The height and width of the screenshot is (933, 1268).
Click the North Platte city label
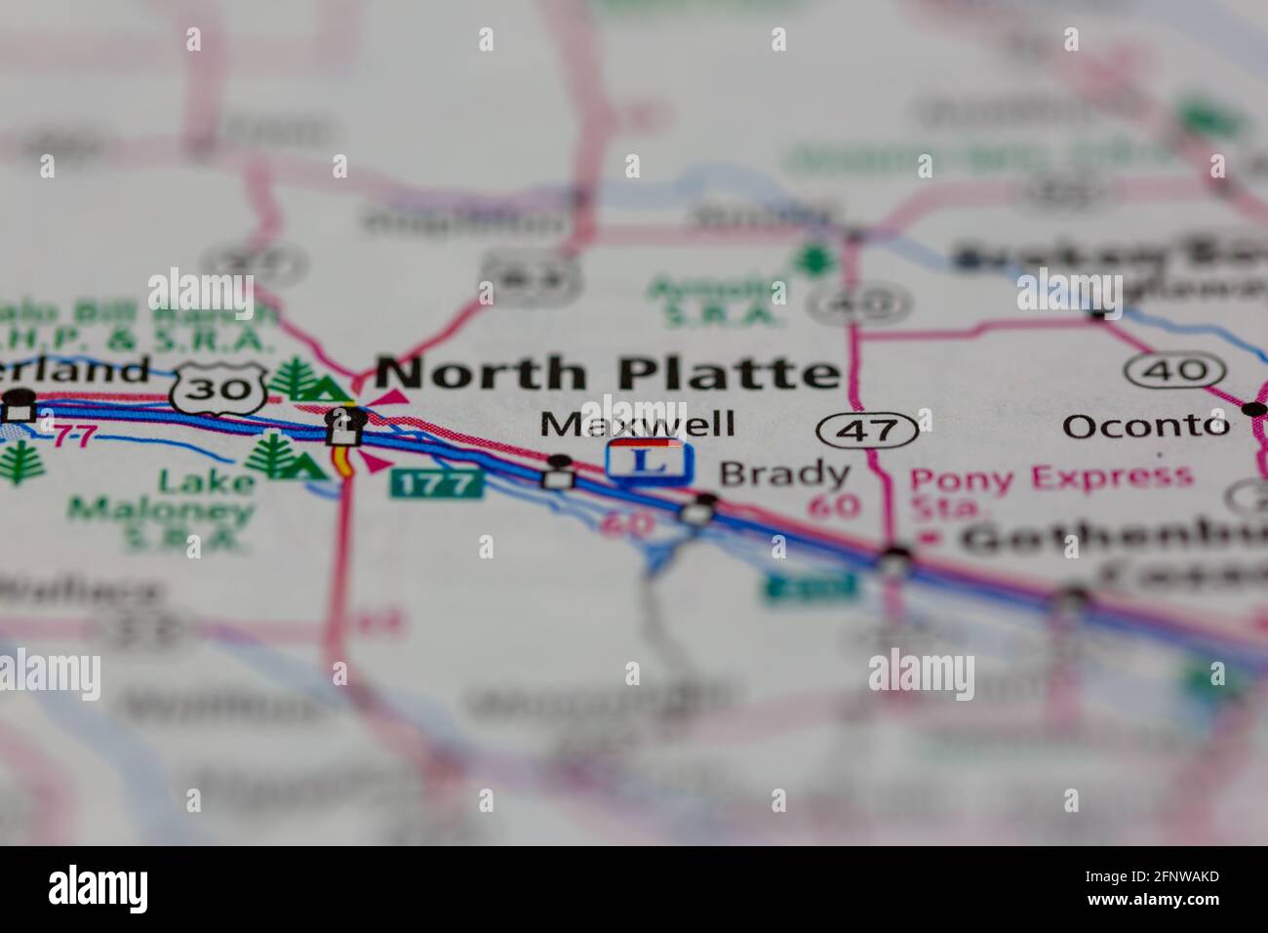click(x=607, y=374)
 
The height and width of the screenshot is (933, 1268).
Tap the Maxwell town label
click(x=637, y=425)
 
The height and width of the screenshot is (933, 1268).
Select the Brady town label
click(x=784, y=474)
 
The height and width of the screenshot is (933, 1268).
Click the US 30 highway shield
click(x=218, y=388)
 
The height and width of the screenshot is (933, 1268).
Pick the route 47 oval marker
click(x=867, y=428)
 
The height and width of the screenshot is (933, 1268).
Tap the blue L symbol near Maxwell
click(x=651, y=461)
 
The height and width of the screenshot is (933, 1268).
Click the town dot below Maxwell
click(x=558, y=462)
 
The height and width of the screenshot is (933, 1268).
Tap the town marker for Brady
click(x=704, y=503)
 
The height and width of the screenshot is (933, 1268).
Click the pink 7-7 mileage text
click(x=74, y=435)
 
